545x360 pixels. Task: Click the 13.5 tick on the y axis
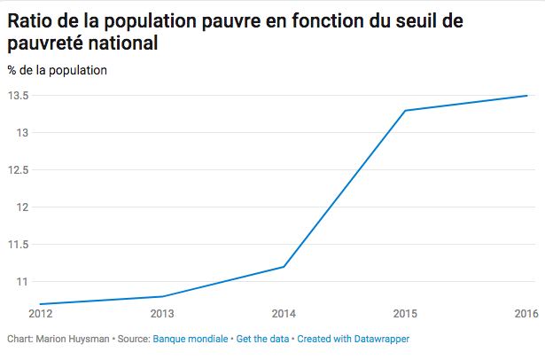19,96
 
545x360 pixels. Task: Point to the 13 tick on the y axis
23,133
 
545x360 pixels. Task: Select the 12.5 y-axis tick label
19,170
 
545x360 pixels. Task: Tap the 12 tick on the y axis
23,207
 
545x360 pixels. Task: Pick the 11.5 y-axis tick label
19,245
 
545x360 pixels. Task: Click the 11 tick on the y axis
23,282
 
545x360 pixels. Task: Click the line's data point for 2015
405,111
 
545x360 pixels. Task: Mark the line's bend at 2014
284,267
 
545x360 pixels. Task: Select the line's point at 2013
163,296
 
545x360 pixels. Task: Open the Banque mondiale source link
191,339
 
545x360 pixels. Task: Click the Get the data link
263,339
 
